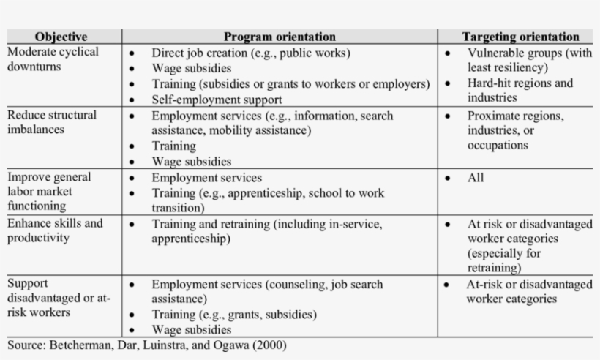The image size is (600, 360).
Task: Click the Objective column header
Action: [x=61, y=37]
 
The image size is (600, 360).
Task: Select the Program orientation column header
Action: [x=280, y=37]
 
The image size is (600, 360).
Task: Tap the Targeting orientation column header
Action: [x=520, y=37]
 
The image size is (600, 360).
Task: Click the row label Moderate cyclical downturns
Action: [x=52, y=59]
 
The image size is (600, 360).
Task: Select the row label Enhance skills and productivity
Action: [x=55, y=230]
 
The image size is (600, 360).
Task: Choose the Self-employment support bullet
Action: [x=217, y=99]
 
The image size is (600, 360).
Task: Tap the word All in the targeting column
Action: [x=476, y=178]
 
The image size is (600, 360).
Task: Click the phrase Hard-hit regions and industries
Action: [x=520, y=90]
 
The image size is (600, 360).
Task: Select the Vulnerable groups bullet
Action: [x=528, y=60]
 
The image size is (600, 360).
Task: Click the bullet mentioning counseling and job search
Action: [x=277, y=291]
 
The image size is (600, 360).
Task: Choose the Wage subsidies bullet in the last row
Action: [x=191, y=330]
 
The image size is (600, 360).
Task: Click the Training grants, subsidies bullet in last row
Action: [x=234, y=315]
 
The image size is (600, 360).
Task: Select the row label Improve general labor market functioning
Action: [x=50, y=192]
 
